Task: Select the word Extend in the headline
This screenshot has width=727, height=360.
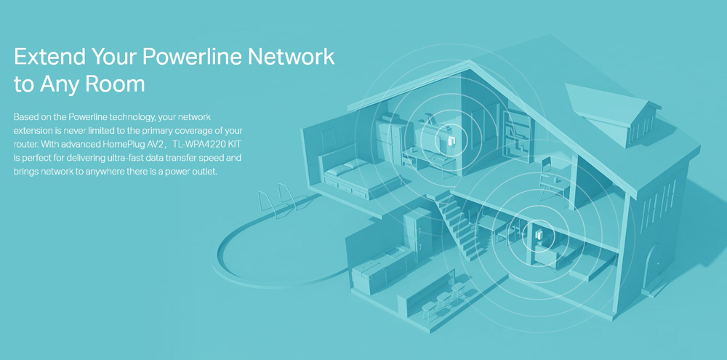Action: (x=48, y=57)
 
